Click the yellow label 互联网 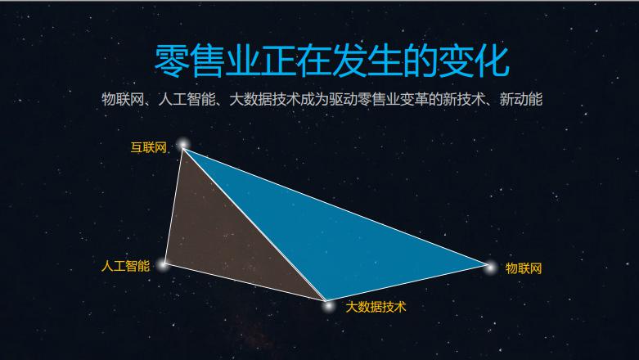[x=148, y=147]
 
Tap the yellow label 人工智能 [x=125, y=266]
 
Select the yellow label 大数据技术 [x=376, y=307]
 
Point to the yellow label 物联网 [x=524, y=268]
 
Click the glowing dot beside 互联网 [x=183, y=144]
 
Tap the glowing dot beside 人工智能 [x=164, y=264]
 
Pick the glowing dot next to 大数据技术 [x=327, y=305]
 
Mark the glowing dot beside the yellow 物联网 [x=490, y=268]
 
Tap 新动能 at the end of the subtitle [x=521, y=99]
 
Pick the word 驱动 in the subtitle [x=344, y=99]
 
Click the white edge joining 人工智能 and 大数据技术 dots [x=245, y=282]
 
